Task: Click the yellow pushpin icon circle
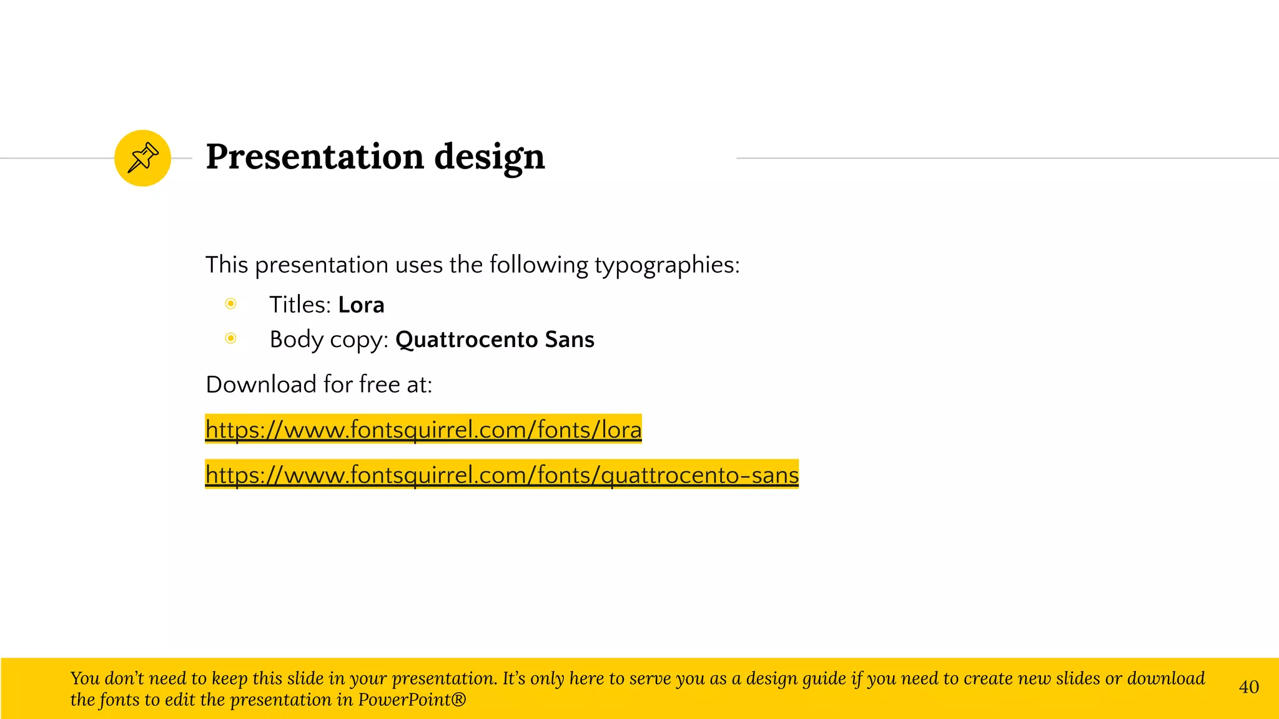point(142,158)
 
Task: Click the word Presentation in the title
point(315,156)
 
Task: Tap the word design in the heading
point(489,157)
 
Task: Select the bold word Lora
point(361,305)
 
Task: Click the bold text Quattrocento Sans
point(495,340)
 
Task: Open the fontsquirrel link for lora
point(423,429)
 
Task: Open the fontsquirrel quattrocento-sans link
point(501,475)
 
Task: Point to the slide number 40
point(1248,687)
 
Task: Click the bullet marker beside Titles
point(231,304)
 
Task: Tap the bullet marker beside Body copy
point(231,338)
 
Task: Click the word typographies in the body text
point(666,265)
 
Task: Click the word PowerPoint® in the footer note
point(412,700)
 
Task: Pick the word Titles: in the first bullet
point(300,305)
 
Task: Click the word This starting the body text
point(227,265)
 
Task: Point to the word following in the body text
point(538,265)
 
